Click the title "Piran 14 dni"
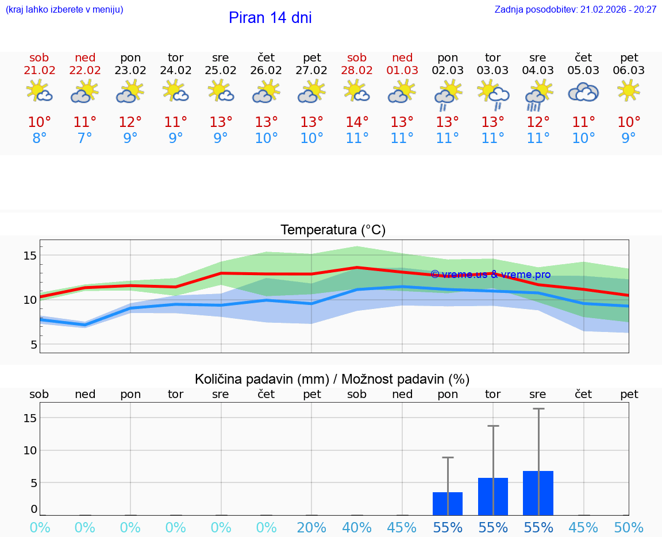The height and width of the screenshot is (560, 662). pyautogui.click(x=270, y=18)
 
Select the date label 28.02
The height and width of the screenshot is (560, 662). pyautogui.click(x=357, y=71)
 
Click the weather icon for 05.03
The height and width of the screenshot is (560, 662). pyautogui.click(x=583, y=92)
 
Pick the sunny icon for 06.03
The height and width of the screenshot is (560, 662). pyautogui.click(x=629, y=91)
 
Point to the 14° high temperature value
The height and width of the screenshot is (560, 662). pyautogui.click(x=357, y=122)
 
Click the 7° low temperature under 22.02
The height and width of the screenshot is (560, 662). pyautogui.click(x=85, y=138)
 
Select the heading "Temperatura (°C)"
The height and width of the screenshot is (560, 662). pyautogui.click(x=333, y=230)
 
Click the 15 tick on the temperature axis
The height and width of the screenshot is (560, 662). pyautogui.click(x=30, y=255)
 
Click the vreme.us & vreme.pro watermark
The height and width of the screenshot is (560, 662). pyautogui.click(x=490, y=275)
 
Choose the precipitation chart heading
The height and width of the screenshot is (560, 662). pyautogui.click(x=332, y=379)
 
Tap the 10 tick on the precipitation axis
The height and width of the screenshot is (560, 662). pyautogui.click(x=30, y=450)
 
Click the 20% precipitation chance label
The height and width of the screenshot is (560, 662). pyautogui.click(x=311, y=528)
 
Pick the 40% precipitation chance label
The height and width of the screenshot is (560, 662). pyautogui.click(x=357, y=528)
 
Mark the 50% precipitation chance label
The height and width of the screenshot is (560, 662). pyautogui.click(x=629, y=528)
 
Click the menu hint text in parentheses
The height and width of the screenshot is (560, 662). pyautogui.click(x=64, y=10)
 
